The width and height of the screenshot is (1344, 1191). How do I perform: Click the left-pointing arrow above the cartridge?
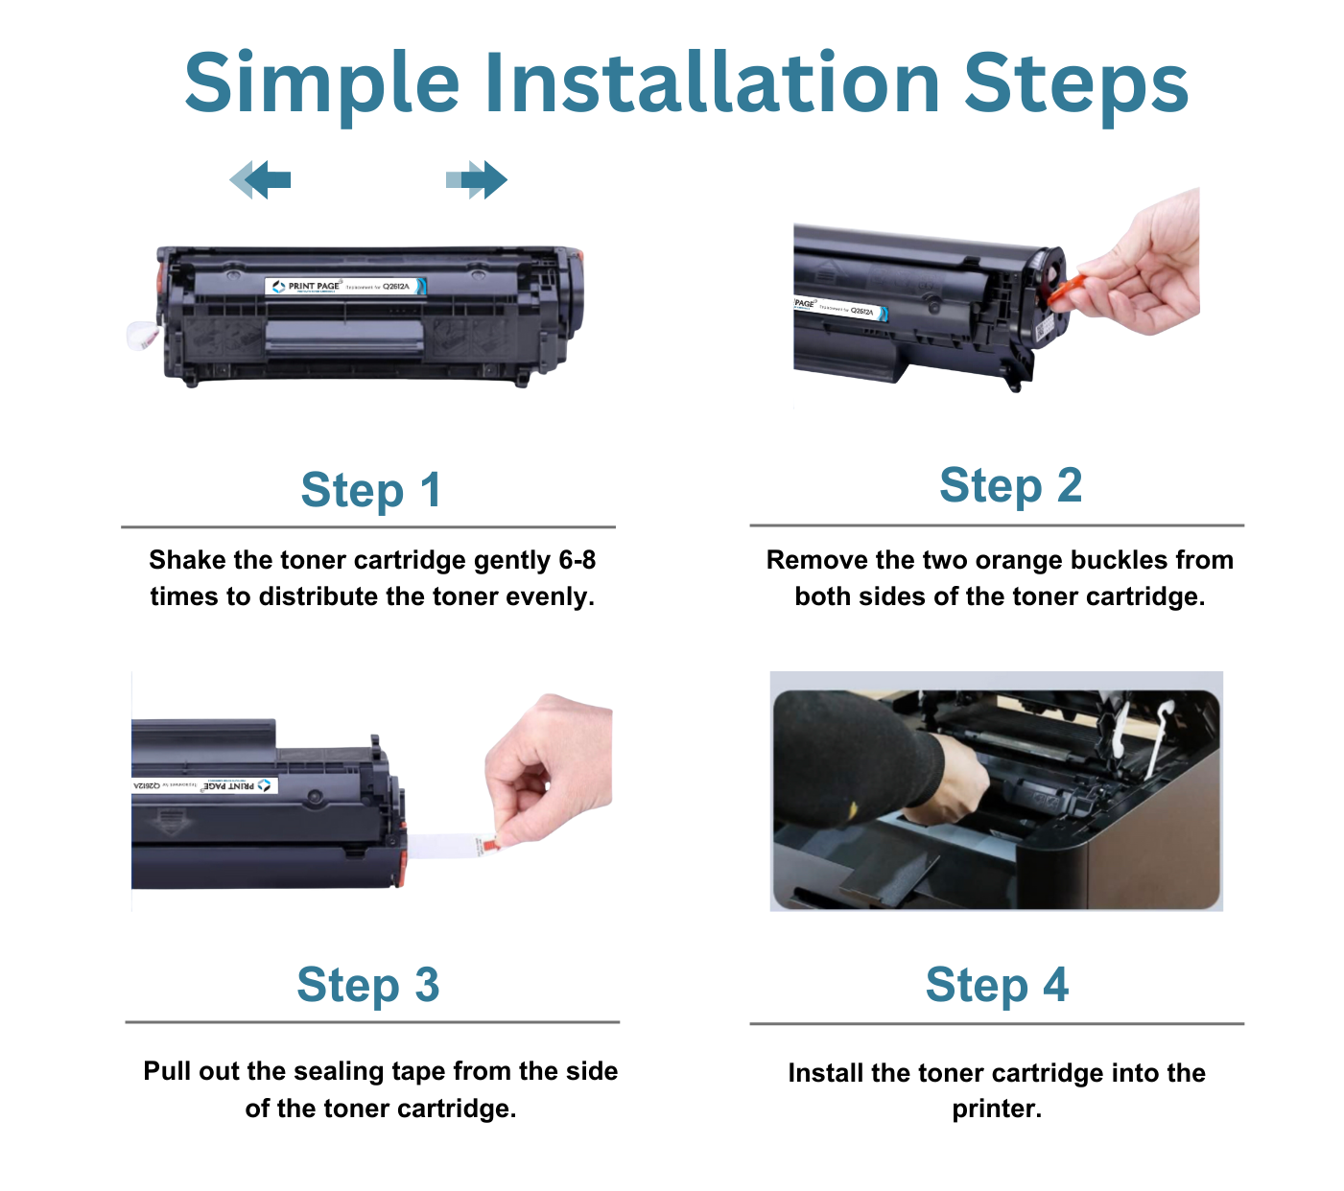(260, 179)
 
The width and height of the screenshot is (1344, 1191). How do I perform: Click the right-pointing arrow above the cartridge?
(477, 179)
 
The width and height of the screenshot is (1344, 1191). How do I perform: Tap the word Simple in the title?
(321, 84)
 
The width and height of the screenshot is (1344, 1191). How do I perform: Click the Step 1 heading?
(370, 490)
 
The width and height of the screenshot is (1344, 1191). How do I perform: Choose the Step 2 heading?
(1010, 485)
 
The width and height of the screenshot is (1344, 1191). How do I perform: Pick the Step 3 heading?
(367, 985)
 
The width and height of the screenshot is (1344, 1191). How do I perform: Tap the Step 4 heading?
(997, 985)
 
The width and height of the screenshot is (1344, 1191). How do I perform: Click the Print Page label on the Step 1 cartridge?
(345, 286)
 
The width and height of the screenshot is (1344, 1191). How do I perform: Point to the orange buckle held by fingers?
(1065, 289)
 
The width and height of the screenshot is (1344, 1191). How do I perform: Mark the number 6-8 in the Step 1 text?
(577, 560)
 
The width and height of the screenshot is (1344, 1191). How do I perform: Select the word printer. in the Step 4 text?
(997, 1109)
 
